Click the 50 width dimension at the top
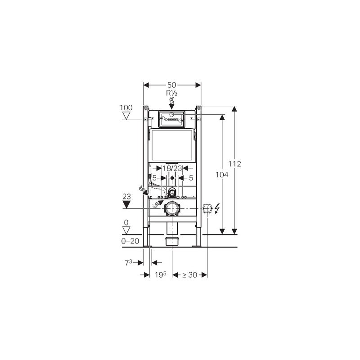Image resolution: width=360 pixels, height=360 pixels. click(172, 85)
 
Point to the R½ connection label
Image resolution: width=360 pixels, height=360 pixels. click(172, 94)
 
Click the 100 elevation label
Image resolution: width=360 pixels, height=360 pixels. click(126, 108)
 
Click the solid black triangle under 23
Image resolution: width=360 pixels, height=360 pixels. click(126, 205)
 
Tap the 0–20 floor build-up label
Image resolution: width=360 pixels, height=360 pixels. click(130, 241)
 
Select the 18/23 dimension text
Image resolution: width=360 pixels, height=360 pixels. click(172, 168)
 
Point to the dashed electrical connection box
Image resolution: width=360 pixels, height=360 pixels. click(207, 208)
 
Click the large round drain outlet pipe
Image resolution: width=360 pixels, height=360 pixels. click(172, 208)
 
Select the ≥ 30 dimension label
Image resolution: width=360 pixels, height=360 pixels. click(190, 274)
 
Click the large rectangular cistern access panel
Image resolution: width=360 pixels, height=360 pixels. click(171, 145)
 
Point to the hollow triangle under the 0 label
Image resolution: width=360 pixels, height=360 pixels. click(126, 230)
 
